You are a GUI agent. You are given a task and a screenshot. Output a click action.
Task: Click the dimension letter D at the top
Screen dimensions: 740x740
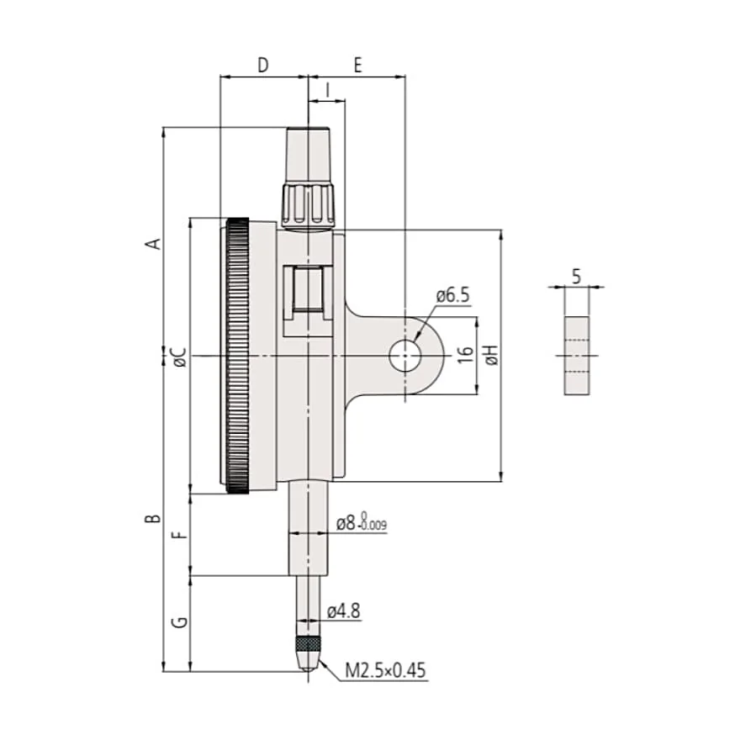click(263, 65)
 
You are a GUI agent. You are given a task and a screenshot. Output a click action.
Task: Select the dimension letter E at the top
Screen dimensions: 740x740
click(357, 65)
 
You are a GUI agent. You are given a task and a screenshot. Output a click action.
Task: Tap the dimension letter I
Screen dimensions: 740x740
click(327, 90)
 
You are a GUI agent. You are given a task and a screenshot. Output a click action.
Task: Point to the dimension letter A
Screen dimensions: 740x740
click(155, 244)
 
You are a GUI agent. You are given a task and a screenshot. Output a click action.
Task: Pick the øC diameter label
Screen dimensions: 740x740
click(180, 357)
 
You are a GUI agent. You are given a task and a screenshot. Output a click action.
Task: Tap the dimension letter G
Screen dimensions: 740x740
click(180, 622)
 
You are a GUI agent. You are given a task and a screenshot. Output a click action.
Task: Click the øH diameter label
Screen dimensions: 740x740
click(491, 354)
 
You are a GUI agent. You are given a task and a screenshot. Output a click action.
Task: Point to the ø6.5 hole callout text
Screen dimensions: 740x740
click(453, 295)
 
